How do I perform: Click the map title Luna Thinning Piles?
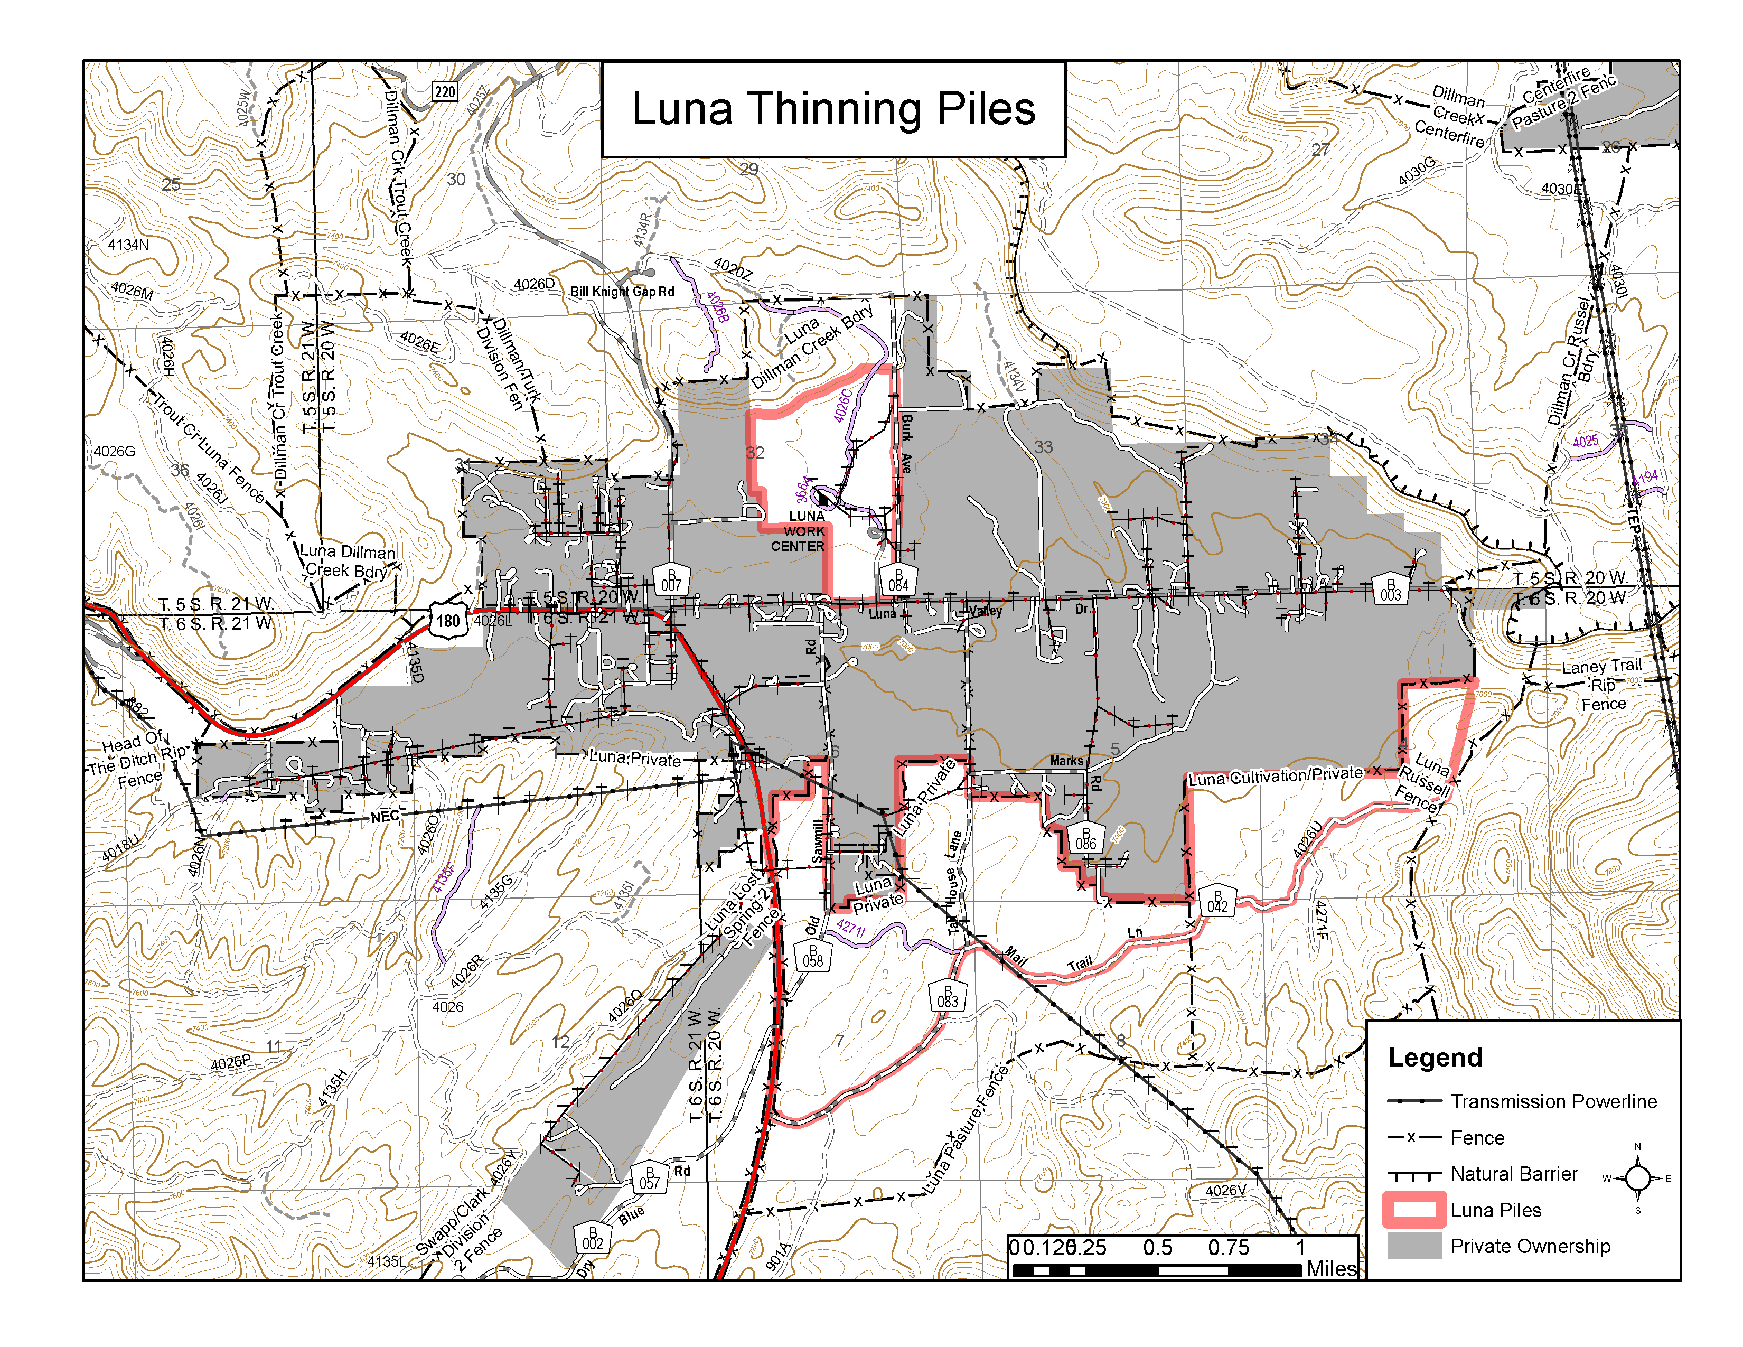pos(833,109)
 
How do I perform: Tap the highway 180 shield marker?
pos(448,620)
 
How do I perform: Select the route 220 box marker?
pos(445,92)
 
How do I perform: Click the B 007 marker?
pos(671,580)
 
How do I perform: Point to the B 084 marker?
pos(898,580)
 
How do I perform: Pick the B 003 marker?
pos(1390,590)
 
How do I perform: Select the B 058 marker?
pos(812,956)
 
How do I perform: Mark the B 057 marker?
pos(650,1178)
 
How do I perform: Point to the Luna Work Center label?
pos(801,531)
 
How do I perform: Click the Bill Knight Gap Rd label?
pos(622,292)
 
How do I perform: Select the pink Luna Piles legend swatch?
pos(1414,1210)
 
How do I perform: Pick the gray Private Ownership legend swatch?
pos(1414,1246)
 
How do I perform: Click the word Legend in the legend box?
pos(1435,1058)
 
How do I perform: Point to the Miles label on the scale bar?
pos(1330,1268)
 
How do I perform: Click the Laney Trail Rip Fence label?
pos(1603,685)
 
